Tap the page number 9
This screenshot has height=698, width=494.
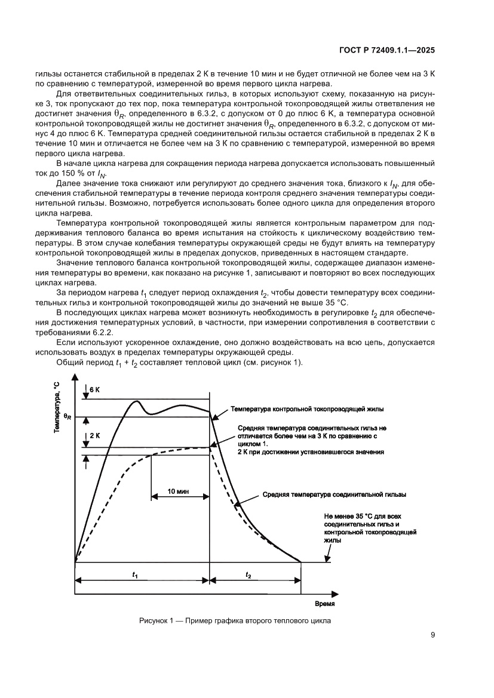click(432, 635)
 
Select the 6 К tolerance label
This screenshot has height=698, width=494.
click(95, 389)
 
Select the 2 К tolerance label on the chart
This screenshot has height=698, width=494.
click(95, 436)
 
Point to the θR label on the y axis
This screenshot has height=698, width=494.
click(68, 416)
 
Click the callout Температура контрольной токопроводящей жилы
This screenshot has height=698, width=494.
click(307, 410)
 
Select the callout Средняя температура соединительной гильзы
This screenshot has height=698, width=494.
click(335, 495)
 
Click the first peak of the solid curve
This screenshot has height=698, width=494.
click(136, 401)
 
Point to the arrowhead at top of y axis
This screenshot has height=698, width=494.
click(75, 378)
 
